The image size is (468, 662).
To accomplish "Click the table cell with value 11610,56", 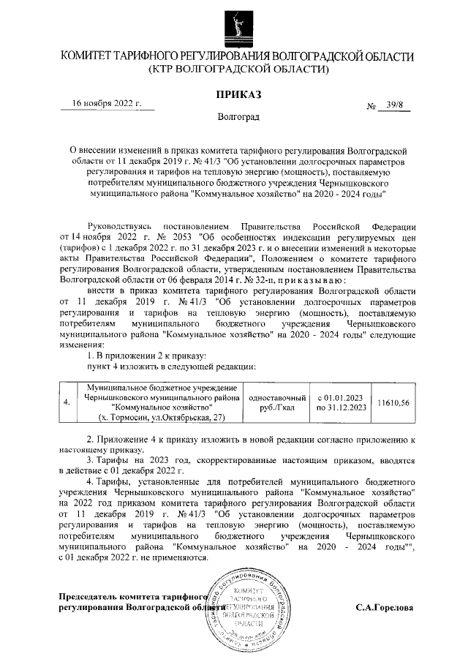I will pos(393,402).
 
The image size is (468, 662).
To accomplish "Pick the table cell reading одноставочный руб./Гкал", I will pos(276,402).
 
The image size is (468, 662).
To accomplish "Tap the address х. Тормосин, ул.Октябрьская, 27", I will pos(162,417).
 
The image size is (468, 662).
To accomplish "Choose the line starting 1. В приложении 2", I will pos(147,356).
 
